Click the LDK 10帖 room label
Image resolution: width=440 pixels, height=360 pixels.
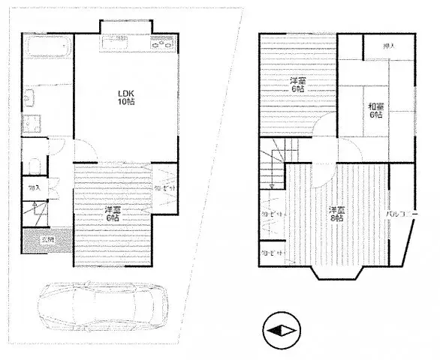[x=125, y=97]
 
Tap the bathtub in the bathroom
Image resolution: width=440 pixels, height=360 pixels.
[x=46, y=49]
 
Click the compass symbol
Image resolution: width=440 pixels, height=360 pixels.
[x=282, y=330]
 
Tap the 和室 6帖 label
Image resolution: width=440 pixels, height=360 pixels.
[x=375, y=111]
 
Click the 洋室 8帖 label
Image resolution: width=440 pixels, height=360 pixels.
[x=336, y=215]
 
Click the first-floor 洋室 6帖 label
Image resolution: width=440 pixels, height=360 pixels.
[x=113, y=214]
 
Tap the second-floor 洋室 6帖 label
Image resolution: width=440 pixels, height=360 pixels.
[x=298, y=85]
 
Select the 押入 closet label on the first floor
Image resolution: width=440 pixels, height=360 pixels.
[x=34, y=187]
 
